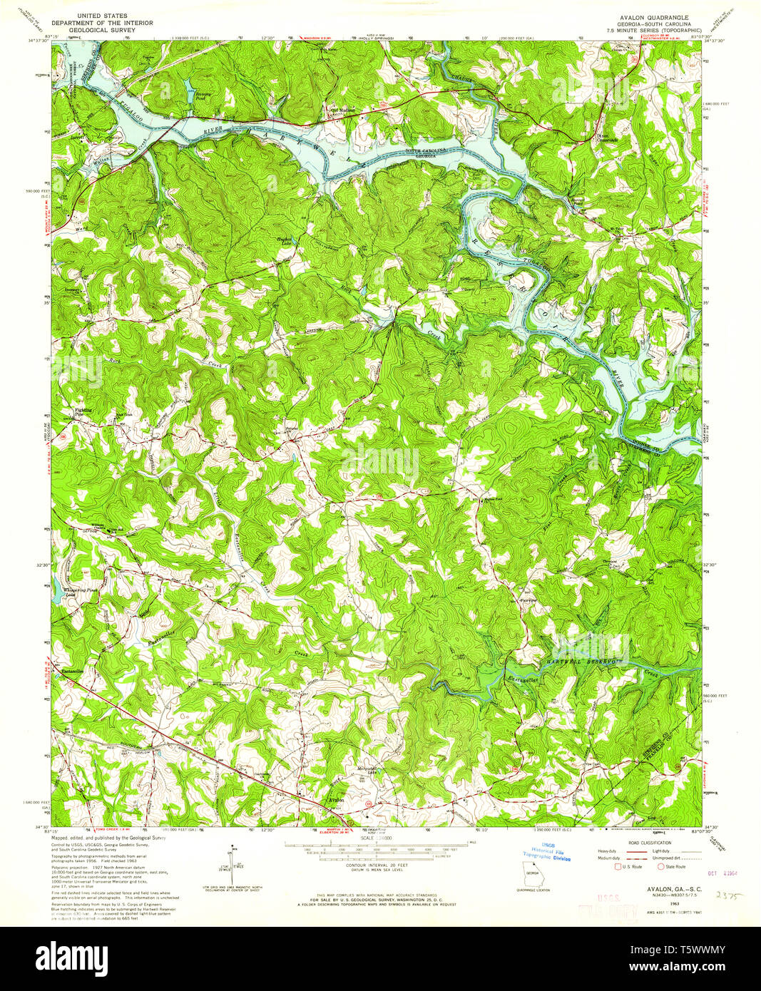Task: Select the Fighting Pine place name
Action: click(84, 412)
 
